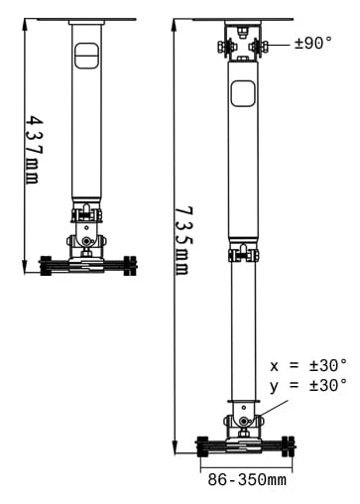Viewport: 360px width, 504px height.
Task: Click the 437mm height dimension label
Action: click(x=35, y=150)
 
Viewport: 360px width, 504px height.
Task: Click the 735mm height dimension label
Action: click(x=182, y=241)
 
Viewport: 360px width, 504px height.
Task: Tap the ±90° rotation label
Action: click(x=313, y=44)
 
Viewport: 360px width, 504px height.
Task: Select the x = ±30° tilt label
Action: click(x=308, y=366)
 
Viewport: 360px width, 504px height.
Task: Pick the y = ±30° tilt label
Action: click(x=308, y=385)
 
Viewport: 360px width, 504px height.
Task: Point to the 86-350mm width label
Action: click(x=247, y=479)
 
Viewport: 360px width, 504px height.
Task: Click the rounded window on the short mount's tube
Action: click(x=86, y=56)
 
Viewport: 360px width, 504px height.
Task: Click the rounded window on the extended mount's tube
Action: click(x=243, y=93)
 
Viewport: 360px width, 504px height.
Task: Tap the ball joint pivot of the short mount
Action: click(x=86, y=241)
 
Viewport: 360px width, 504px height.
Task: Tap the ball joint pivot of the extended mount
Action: click(x=244, y=421)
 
